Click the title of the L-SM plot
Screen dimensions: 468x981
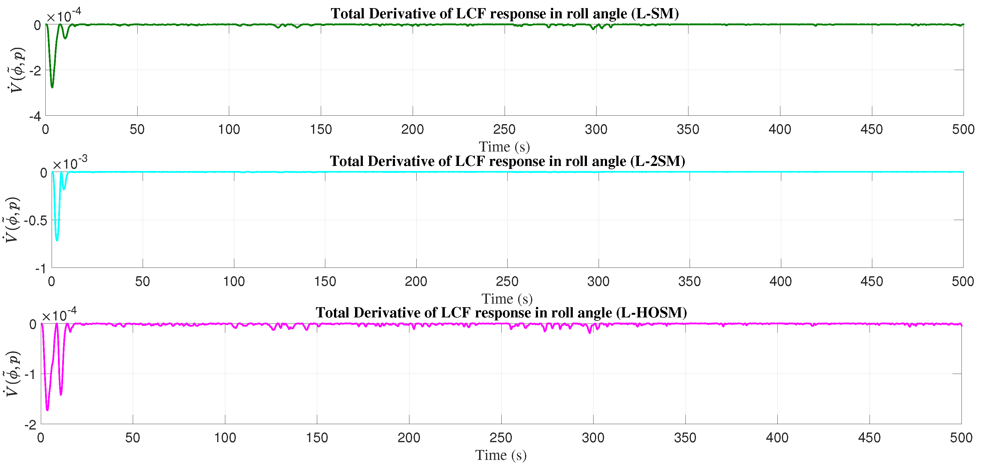(504, 14)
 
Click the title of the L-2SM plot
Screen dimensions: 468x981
(507, 161)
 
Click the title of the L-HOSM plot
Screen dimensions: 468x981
(501, 313)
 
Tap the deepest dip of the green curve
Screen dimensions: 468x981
(52, 87)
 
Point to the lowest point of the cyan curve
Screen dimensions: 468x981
(57, 240)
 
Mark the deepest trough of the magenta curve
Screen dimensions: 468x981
(47, 410)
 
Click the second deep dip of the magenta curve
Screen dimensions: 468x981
(61, 394)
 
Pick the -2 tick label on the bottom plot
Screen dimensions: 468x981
(30, 424)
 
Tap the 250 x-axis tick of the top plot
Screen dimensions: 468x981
(504, 130)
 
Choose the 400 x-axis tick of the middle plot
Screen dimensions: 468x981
(781, 282)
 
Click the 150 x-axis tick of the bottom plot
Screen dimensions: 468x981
(317, 438)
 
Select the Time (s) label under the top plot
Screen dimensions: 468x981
(504, 147)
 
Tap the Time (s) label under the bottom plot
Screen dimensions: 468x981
(501, 455)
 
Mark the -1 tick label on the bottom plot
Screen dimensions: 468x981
(30, 374)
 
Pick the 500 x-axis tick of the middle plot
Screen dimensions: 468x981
(963, 282)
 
